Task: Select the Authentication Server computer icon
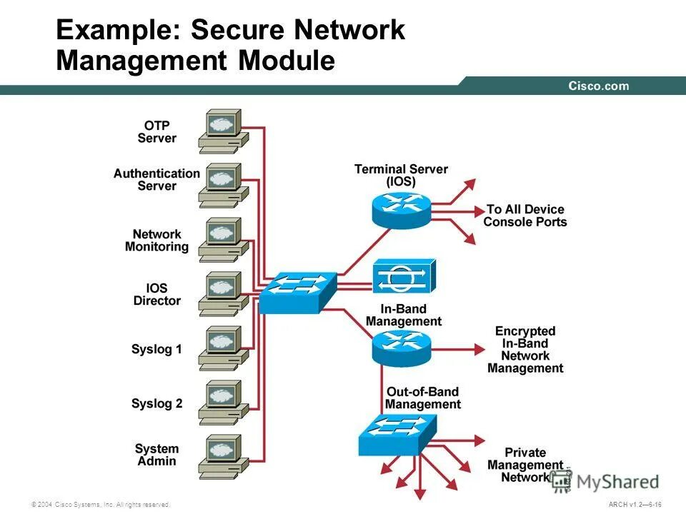tap(223, 184)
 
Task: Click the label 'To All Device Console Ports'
tap(525, 216)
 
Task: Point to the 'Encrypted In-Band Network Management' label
tap(525, 350)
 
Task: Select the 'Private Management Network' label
tap(525, 465)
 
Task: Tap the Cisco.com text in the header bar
tap(599, 86)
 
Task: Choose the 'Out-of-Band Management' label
tap(422, 398)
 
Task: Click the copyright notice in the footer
tap(100, 505)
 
